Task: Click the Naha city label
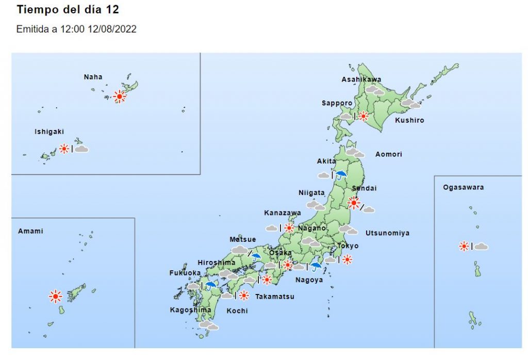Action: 93,77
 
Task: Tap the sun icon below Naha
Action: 120,96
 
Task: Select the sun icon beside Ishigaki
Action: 64,149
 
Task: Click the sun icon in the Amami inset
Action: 55,296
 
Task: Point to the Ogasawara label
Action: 463,187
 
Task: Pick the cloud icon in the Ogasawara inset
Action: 481,247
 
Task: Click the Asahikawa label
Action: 361,79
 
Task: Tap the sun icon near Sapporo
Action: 364,116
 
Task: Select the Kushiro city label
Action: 409,121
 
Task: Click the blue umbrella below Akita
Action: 341,174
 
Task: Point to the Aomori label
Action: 388,154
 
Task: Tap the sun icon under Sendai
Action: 354,203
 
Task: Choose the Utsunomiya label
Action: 387,233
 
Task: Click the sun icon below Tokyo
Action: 347,259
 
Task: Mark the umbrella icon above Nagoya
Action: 316,266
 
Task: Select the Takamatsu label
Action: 275,297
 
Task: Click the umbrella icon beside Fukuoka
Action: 210,285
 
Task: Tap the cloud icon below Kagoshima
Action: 208,325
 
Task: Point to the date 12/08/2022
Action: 113,29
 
